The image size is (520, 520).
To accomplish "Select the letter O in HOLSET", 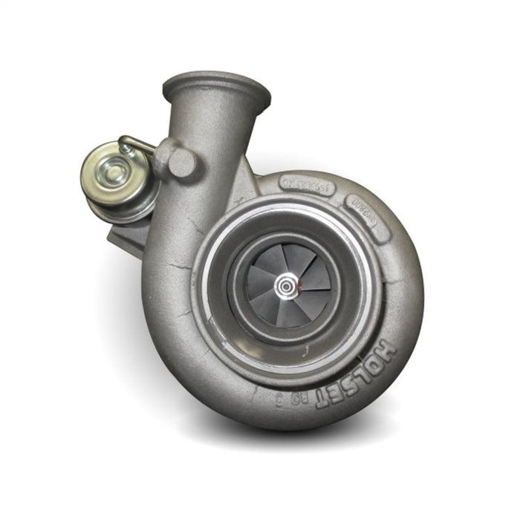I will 376,358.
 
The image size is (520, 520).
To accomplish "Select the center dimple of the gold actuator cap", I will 114,175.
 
